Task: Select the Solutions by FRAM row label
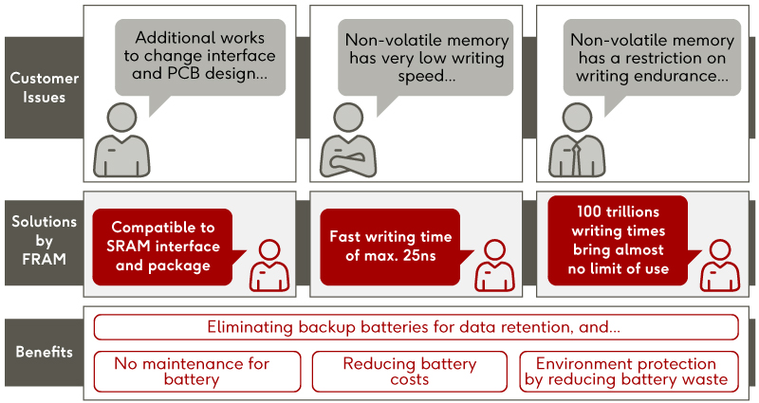pyautogui.click(x=39, y=240)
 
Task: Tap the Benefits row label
pyautogui.click(x=39, y=352)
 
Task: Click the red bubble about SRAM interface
pyautogui.click(x=160, y=247)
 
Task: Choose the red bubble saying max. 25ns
pyautogui.click(x=390, y=247)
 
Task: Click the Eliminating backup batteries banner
pyautogui.click(x=416, y=327)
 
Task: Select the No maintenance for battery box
pyautogui.click(x=196, y=371)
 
